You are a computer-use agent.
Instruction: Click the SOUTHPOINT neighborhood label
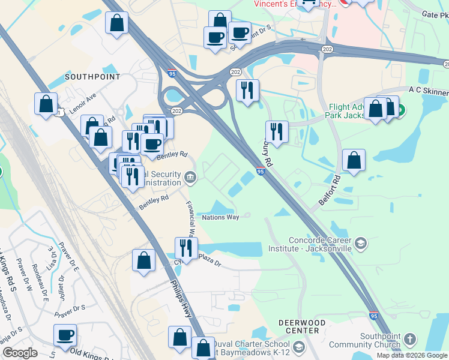coord(92,77)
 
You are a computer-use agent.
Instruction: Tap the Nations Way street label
coord(220,217)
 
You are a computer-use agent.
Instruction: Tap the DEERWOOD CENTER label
coord(298,326)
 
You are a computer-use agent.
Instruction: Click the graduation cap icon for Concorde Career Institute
coord(360,243)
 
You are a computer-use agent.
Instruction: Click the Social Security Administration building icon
coord(190,176)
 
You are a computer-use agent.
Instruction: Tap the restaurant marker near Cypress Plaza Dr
coord(185,247)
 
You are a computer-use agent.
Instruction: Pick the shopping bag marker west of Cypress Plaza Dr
coord(143,261)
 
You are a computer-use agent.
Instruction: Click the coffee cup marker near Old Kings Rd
coord(65,335)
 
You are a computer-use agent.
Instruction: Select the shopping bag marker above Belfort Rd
coord(354,160)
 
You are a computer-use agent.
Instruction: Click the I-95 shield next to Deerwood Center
coord(373,314)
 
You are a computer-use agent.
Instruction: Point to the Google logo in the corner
coord(20,353)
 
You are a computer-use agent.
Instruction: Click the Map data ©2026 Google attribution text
coord(412,355)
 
